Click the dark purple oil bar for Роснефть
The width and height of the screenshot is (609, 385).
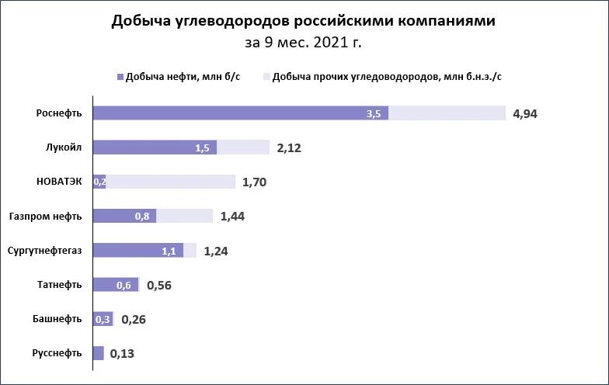(x=241, y=113)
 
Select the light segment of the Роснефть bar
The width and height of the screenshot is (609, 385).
(x=447, y=113)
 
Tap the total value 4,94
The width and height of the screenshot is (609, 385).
(x=525, y=113)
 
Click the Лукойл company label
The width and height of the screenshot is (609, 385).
(x=64, y=147)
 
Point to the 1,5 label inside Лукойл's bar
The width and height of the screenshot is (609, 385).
(x=202, y=147)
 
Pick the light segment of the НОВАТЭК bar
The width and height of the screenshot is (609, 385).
(x=171, y=182)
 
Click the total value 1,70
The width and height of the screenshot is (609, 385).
(x=255, y=182)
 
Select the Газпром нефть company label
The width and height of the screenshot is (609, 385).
(x=45, y=216)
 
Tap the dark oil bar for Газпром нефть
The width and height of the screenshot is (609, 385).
(x=124, y=216)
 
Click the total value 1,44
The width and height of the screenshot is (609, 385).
(x=232, y=216)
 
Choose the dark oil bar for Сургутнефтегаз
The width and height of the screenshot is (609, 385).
(x=138, y=250)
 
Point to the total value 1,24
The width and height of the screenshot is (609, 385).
(x=216, y=251)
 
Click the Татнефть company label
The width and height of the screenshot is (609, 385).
(x=59, y=284)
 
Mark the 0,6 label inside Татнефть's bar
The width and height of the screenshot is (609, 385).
(x=124, y=286)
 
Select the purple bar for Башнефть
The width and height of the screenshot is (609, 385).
(x=103, y=319)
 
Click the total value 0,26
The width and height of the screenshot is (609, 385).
(x=134, y=320)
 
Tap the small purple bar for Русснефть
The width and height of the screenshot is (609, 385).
(x=98, y=353)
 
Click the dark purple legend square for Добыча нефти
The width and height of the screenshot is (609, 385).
(x=120, y=77)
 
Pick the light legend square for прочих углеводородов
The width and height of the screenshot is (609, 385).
(x=266, y=77)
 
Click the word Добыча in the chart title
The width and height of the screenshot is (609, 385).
(x=141, y=21)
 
